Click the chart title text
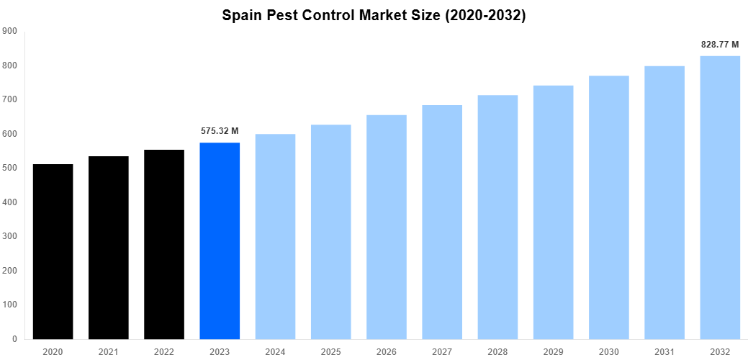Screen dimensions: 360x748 point(374,15)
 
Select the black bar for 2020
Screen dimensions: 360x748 point(53,251)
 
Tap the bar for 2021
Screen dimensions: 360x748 point(108,248)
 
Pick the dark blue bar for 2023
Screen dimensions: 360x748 point(220,240)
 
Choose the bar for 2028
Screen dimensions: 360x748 point(497,217)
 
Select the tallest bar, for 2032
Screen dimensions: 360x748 point(720,197)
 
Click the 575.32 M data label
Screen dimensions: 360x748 point(220,131)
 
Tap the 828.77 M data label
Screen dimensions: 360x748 point(720,45)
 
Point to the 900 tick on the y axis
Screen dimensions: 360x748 point(10,31)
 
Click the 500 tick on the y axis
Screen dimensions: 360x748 point(10,168)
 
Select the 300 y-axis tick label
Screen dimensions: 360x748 point(10,236)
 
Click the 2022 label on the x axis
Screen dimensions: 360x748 point(164,351)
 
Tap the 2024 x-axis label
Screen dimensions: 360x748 point(275,351)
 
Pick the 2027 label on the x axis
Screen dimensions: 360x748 point(442,351)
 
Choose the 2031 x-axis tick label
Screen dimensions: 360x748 point(664,351)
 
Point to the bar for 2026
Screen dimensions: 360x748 point(387,227)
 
